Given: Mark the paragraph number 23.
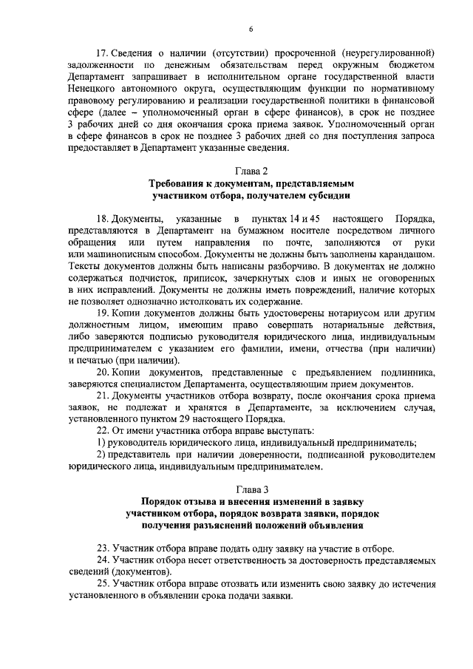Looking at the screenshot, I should [x=103, y=549].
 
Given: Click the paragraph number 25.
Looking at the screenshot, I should [x=103, y=584].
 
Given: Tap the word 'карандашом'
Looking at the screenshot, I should [x=404, y=254].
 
